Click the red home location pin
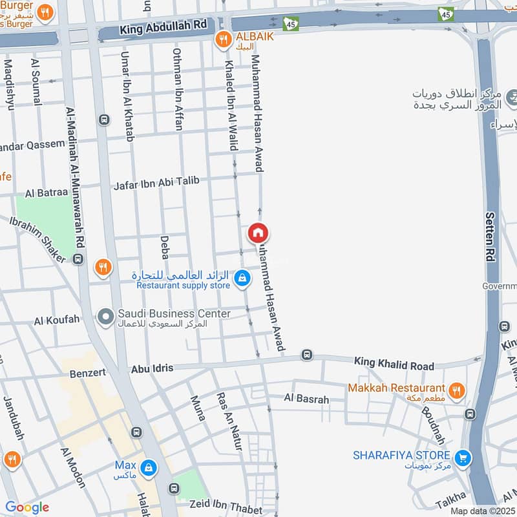click(x=258, y=233)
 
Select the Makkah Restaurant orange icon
click(x=456, y=390)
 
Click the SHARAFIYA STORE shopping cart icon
click(x=463, y=458)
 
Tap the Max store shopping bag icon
click(x=149, y=467)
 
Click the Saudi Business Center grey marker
click(x=105, y=316)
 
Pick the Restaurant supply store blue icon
click(x=242, y=279)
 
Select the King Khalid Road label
click(x=394, y=364)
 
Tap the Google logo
click(x=26, y=507)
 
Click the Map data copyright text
click(x=482, y=511)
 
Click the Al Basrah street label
click(x=306, y=399)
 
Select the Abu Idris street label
click(x=152, y=368)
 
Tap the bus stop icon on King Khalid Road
click(x=306, y=355)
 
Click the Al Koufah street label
click(x=58, y=319)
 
